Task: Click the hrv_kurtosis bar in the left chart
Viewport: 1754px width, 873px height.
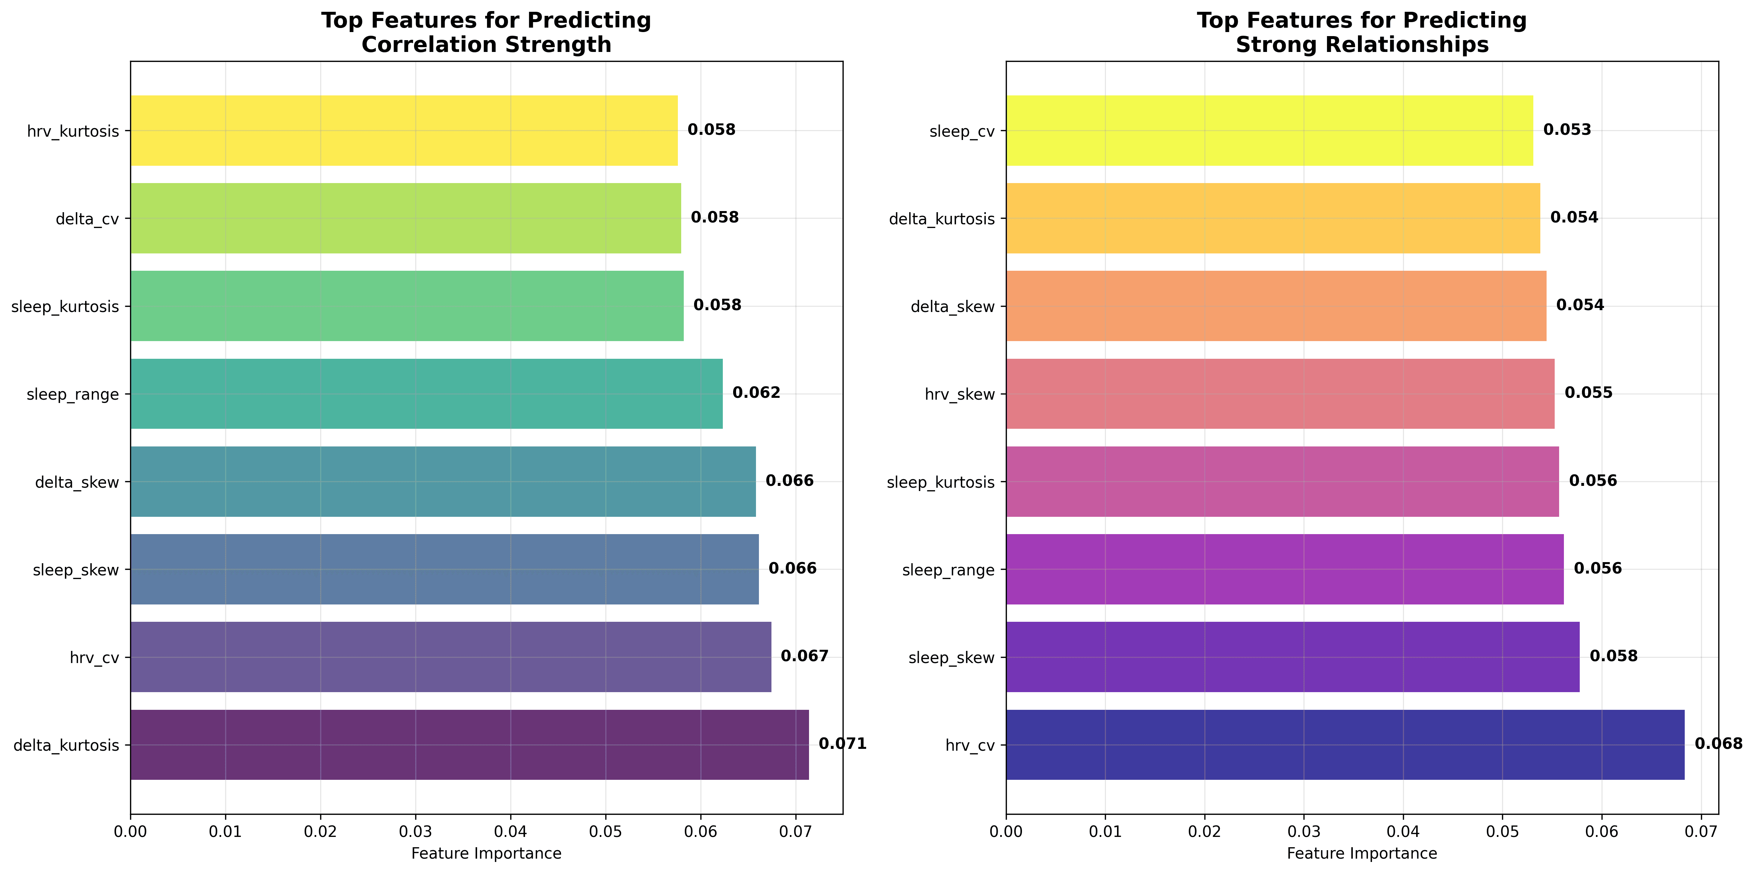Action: [x=404, y=130]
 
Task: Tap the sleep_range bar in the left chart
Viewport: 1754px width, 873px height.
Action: [x=426, y=394]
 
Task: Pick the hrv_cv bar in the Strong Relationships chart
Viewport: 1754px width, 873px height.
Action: [x=1345, y=744]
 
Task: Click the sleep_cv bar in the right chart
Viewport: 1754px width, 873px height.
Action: [x=1269, y=130]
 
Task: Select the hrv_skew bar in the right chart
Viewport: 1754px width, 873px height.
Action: [x=1280, y=394]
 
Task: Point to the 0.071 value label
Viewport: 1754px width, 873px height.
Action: [x=842, y=744]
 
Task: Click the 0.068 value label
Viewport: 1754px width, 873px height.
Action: [x=1718, y=744]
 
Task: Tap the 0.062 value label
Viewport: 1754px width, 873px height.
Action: [x=756, y=393]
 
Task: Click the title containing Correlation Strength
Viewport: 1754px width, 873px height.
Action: [x=486, y=33]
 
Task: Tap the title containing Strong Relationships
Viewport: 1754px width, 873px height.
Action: [x=1362, y=33]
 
